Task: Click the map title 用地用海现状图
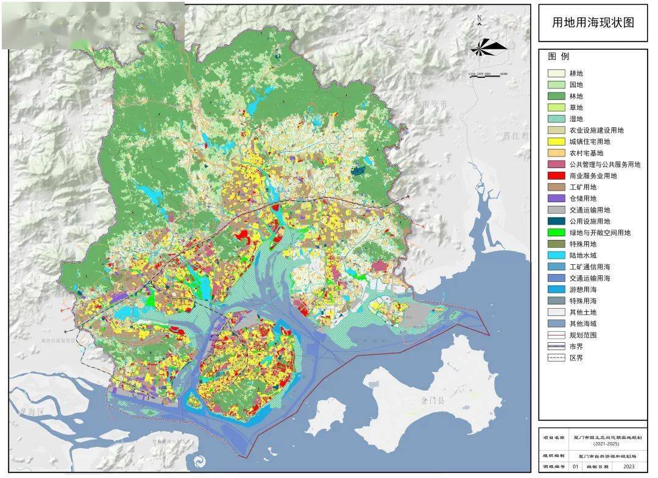pyautogui.click(x=592, y=23)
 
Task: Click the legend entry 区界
pyautogui.click(x=576, y=358)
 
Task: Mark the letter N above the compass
pyautogui.click(x=479, y=18)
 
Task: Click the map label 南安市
pyautogui.click(x=434, y=105)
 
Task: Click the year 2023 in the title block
pyautogui.click(x=627, y=467)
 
